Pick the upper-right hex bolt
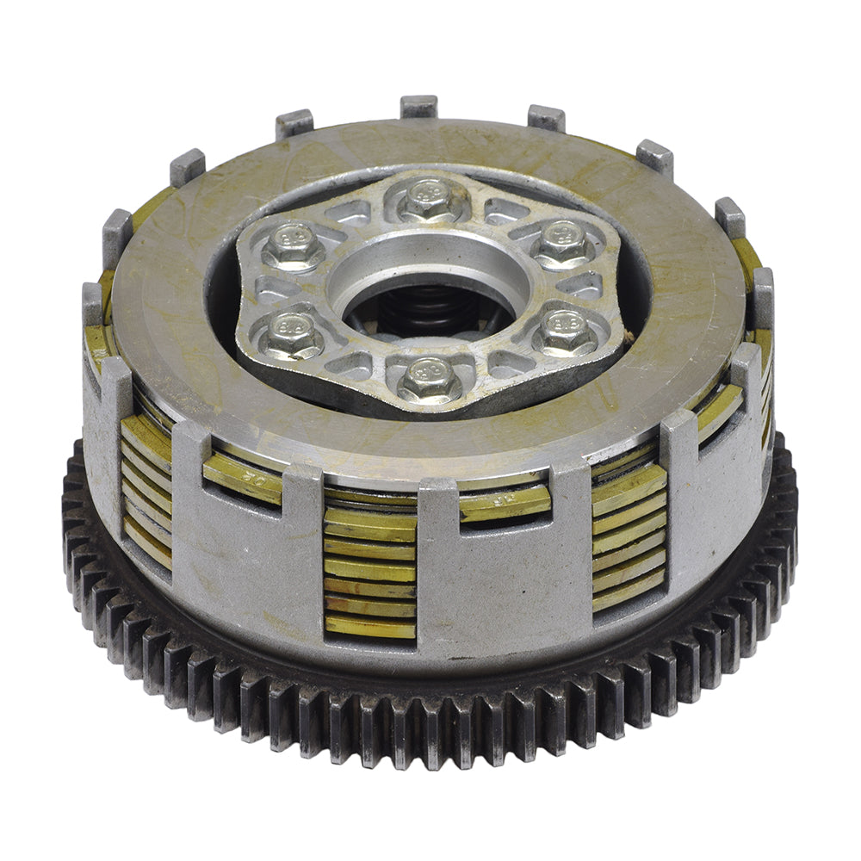pyautogui.click(x=563, y=243)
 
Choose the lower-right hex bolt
pyautogui.click(x=565, y=331)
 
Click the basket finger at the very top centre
pyautogui.click(x=418, y=106)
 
